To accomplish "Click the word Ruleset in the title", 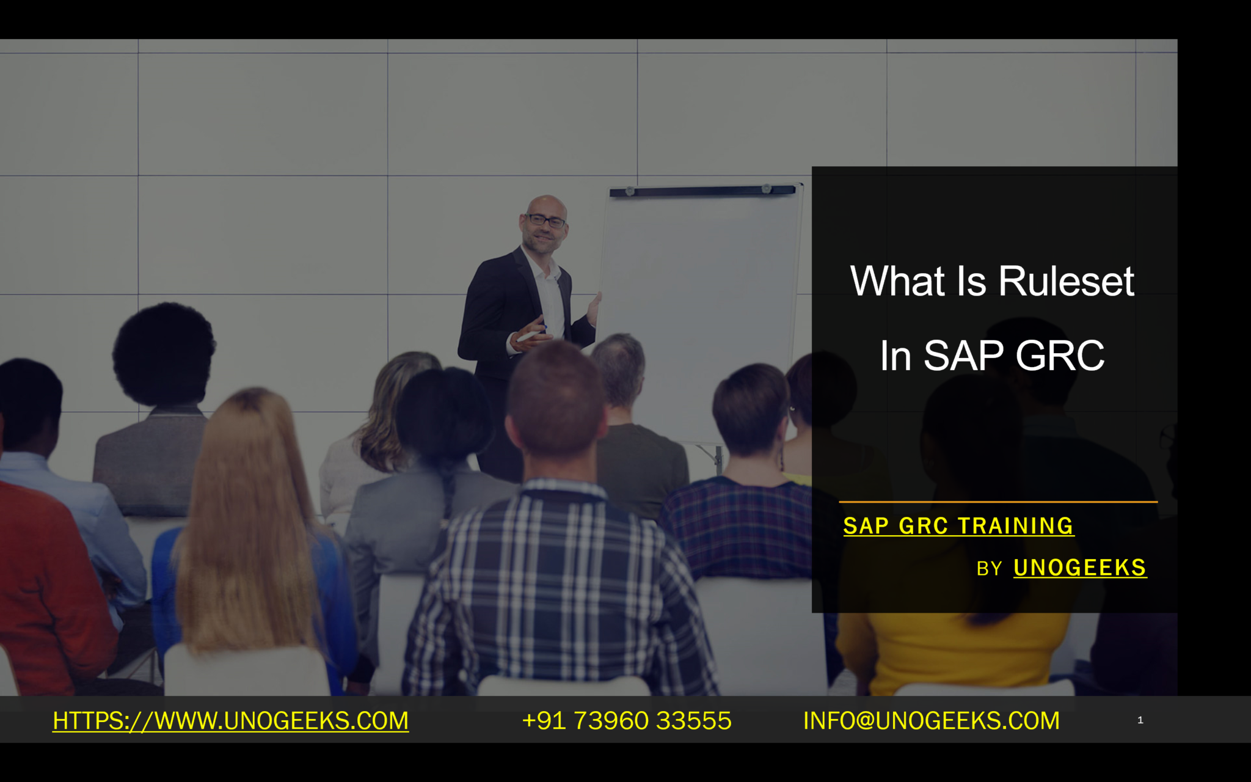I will point(1066,282).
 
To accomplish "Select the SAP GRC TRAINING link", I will point(958,526).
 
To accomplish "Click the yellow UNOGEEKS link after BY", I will point(1079,568).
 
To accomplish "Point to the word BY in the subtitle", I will point(989,569).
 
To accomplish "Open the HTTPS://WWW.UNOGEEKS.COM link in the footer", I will point(230,721).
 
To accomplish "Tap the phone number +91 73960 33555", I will point(627,721).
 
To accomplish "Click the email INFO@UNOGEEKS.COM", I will point(931,721).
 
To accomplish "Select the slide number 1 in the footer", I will point(1140,720).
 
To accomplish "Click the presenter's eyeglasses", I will point(545,220).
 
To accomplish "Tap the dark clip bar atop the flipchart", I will point(702,191).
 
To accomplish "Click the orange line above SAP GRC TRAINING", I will point(998,502).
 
